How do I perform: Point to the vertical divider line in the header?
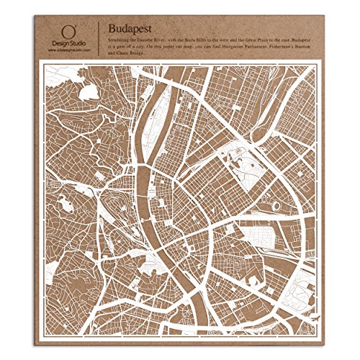(98, 40)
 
